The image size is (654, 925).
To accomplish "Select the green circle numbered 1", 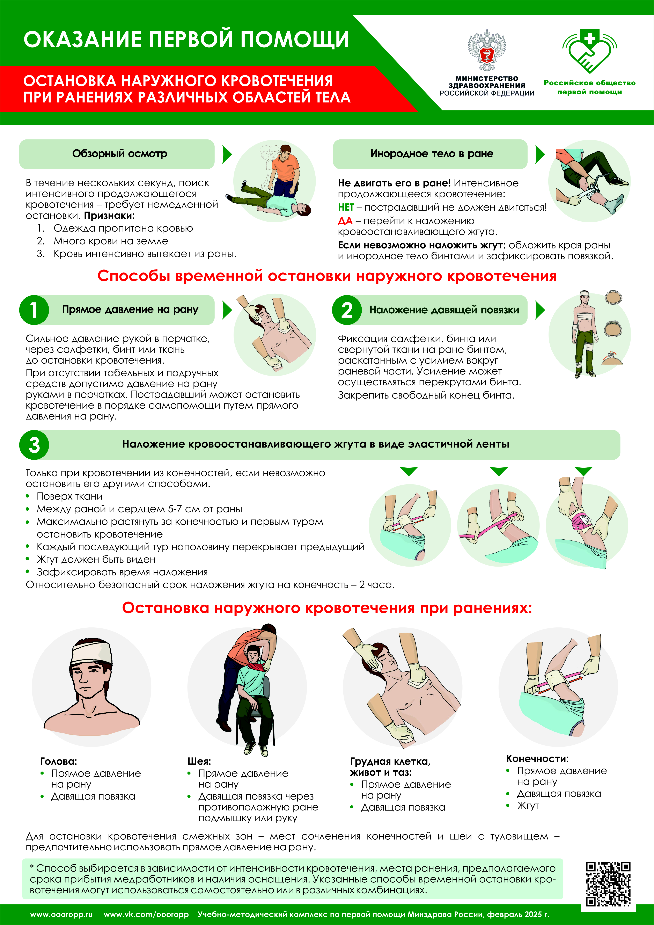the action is point(34,310).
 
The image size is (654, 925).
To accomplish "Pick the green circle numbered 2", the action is point(347,310).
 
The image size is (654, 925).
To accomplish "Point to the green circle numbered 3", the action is point(34,445).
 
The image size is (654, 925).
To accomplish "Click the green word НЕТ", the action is point(346,207).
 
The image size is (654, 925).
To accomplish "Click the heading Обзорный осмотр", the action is point(120,153).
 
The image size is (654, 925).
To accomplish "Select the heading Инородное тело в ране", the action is point(432,153).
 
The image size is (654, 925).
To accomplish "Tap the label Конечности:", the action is point(537,759).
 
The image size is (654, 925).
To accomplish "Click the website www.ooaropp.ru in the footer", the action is point(61,914).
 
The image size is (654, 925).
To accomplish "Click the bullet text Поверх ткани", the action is point(70,496).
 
